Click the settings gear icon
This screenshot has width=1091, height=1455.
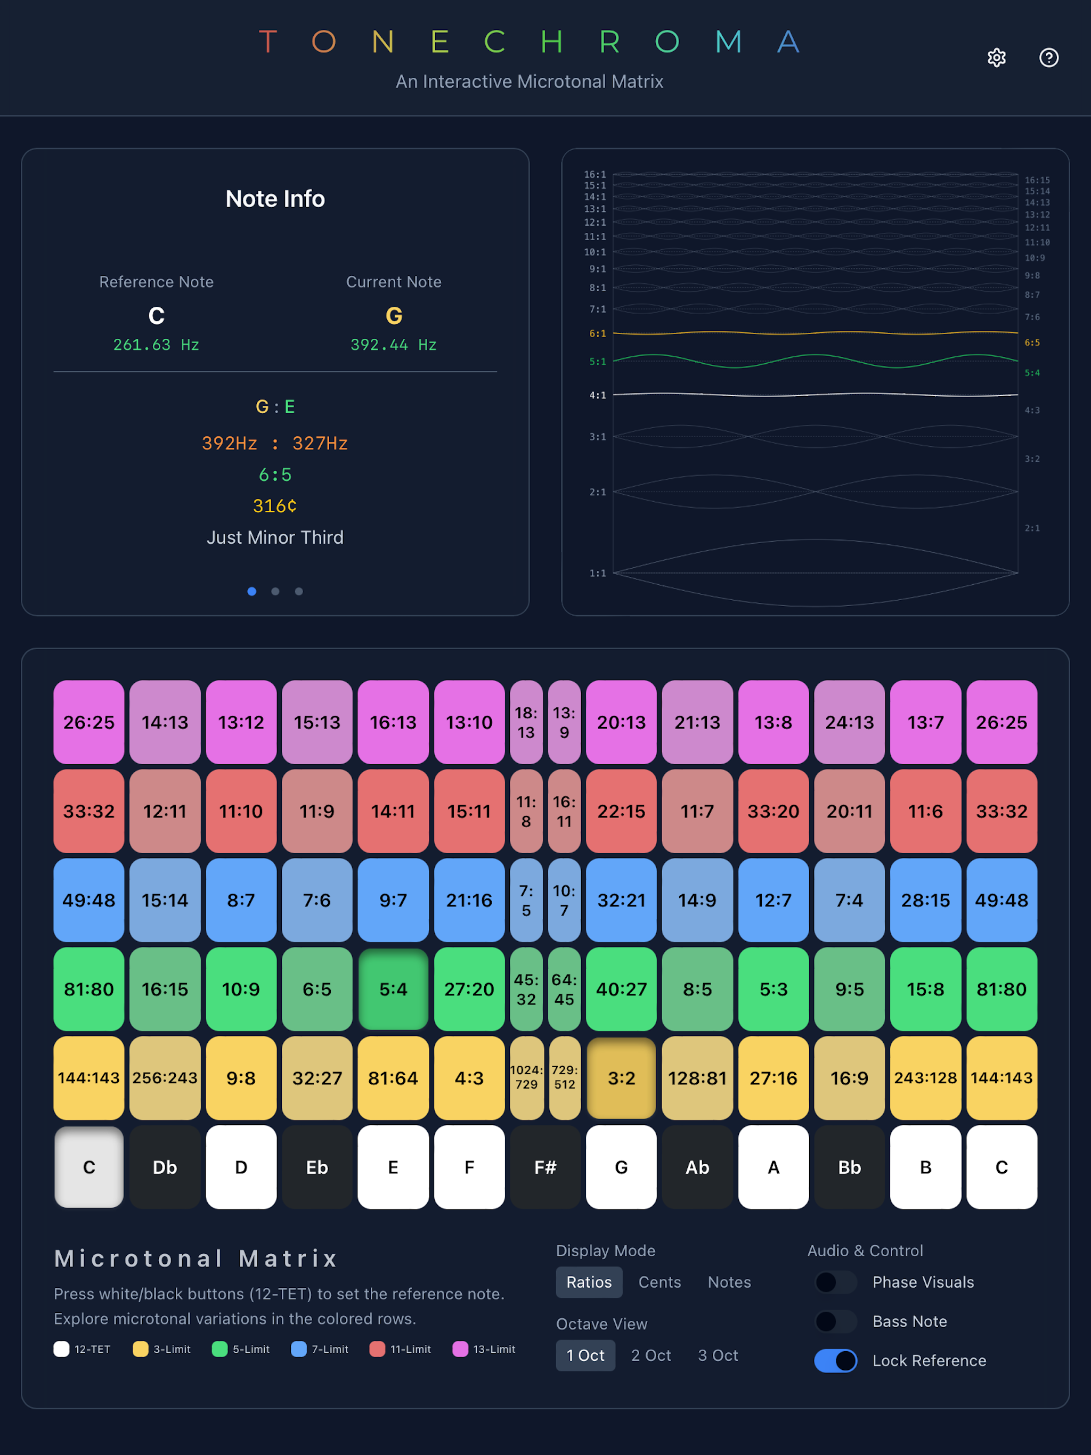(996, 58)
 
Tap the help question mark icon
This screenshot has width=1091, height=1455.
(1048, 58)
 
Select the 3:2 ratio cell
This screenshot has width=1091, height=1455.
(621, 1077)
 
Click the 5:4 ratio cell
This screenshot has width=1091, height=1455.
(393, 988)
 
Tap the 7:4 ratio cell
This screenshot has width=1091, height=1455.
(849, 900)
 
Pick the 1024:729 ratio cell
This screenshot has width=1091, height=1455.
(526, 1077)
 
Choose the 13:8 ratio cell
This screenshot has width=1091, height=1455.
(773, 722)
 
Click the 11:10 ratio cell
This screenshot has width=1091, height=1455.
(241, 811)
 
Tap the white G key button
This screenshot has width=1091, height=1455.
(621, 1167)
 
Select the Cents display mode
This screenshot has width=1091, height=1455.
(660, 1282)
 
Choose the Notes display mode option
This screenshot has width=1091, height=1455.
(729, 1282)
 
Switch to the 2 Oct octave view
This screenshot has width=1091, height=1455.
(651, 1355)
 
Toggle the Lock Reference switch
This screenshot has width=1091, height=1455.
(836, 1360)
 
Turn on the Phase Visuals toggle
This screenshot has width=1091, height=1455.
(836, 1282)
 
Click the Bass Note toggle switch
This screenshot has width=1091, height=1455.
(836, 1321)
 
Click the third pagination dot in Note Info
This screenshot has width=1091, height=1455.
(299, 591)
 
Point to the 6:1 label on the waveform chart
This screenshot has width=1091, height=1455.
(598, 333)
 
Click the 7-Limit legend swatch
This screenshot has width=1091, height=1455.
(299, 1349)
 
